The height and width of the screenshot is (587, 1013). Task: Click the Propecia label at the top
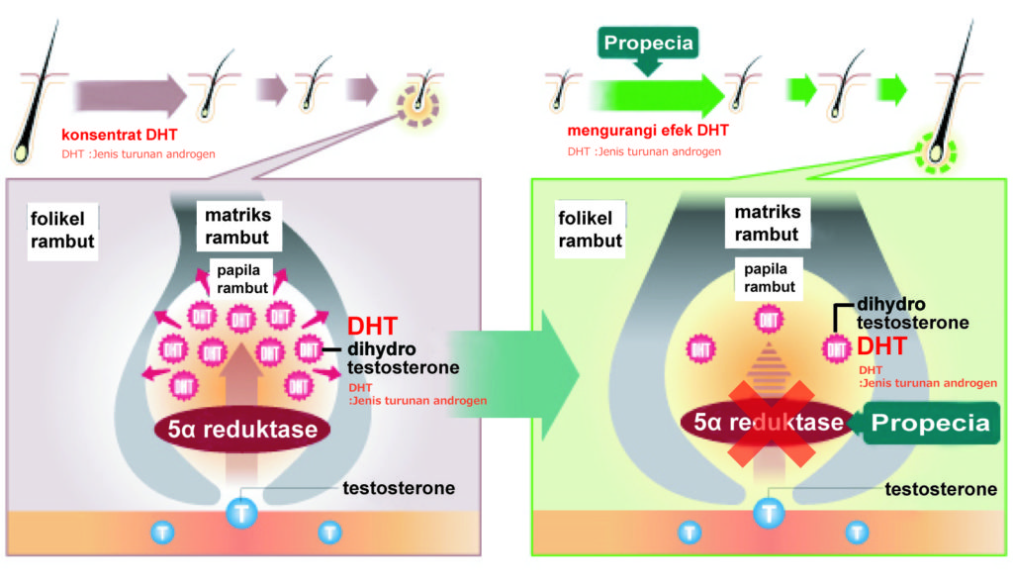tap(647, 43)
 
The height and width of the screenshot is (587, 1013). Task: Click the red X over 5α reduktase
tap(773, 421)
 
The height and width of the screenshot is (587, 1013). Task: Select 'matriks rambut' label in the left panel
tap(237, 226)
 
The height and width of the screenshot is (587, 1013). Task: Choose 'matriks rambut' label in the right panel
tap(767, 223)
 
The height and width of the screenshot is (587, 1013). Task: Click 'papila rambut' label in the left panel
tap(242, 278)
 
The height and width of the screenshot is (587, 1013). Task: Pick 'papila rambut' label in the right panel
tap(769, 279)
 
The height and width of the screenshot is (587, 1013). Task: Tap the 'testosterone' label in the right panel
tap(940, 489)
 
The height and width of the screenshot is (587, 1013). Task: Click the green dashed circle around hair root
tap(935, 153)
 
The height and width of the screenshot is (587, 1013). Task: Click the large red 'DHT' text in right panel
tap(882, 346)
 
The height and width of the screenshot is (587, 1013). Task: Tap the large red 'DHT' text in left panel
tap(373, 326)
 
